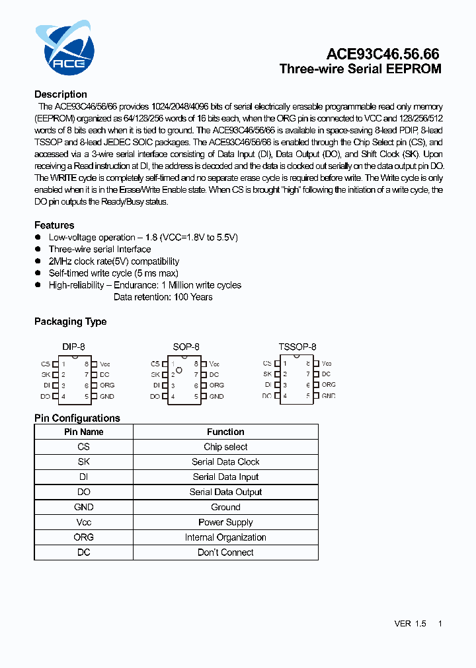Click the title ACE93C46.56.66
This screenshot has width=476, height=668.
pyautogui.click(x=383, y=54)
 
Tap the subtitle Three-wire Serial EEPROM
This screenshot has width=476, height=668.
pyautogui.click(x=360, y=69)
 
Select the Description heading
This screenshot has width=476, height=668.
pyautogui.click(x=61, y=94)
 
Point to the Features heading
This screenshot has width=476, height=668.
pyautogui.click(x=54, y=225)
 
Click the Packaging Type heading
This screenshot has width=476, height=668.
pyautogui.click(x=70, y=321)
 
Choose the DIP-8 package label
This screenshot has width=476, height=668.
pyautogui.click(x=73, y=347)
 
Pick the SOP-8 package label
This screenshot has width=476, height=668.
pyautogui.click(x=186, y=347)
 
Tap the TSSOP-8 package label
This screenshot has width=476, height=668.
pyautogui.click(x=297, y=347)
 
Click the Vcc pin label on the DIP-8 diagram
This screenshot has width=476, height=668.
pyautogui.click(x=105, y=364)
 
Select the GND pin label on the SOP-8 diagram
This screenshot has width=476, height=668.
pyautogui.click(x=217, y=397)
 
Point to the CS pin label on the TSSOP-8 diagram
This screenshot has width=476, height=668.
pyautogui.click(x=267, y=364)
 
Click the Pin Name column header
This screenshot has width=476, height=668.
pyautogui.click(x=84, y=432)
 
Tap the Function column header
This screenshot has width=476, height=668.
pyautogui.click(x=225, y=432)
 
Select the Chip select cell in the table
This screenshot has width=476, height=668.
pyautogui.click(x=225, y=447)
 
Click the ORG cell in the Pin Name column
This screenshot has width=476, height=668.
pyautogui.click(x=84, y=537)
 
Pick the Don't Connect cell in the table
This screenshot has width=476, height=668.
pyautogui.click(x=225, y=552)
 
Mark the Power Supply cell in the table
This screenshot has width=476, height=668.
pyautogui.click(x=225, y=522)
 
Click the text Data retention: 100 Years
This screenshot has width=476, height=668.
pyautogui.click(x=163, y=297)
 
